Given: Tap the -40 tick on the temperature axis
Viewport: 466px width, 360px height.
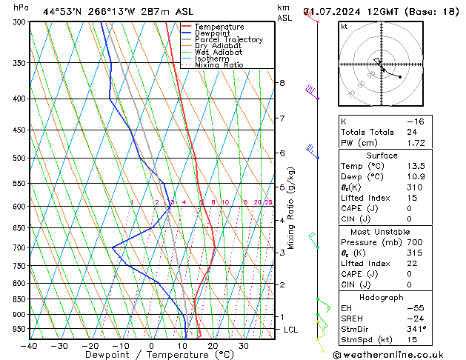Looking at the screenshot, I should tap(30, 346).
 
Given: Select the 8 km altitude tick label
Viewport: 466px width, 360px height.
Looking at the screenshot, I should tap(282, 83).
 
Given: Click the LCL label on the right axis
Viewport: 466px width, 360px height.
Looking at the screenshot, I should tap(292, 329).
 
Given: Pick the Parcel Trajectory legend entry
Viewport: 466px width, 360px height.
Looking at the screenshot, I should tap(228, 40).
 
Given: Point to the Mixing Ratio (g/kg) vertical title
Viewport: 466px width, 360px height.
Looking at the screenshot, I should tap(291, 207).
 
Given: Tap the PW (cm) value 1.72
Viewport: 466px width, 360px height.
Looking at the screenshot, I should tap(415, 142).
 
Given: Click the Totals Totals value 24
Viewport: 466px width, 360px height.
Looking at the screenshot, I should tap(412, 132).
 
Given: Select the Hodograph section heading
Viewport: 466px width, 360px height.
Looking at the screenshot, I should tap(382, 297).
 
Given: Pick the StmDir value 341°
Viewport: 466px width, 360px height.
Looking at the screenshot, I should tap(416, 329).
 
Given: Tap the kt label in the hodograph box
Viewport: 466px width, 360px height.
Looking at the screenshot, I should tap(344, 27).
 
